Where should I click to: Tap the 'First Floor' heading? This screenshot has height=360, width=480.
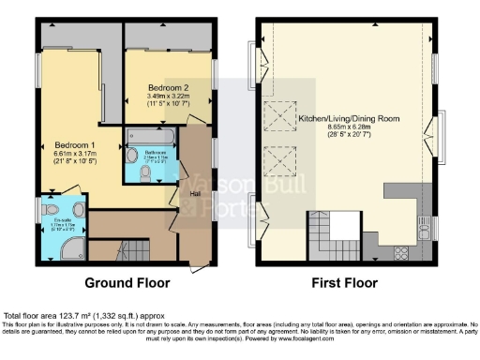(345, 282)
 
